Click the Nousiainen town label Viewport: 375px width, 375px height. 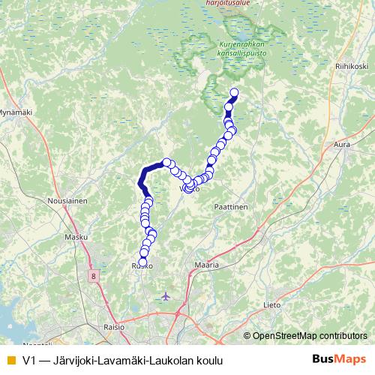pos(68,202)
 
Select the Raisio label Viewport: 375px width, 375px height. pos(114,328)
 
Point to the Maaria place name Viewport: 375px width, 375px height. pos(205,265)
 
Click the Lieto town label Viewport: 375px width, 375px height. pos(272,305)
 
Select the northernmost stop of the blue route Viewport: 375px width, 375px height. pos(232,93)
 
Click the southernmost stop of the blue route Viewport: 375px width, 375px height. pos(142,261)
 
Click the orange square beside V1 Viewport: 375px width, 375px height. pos(10,360)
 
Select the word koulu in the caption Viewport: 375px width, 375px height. pos(209,360)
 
